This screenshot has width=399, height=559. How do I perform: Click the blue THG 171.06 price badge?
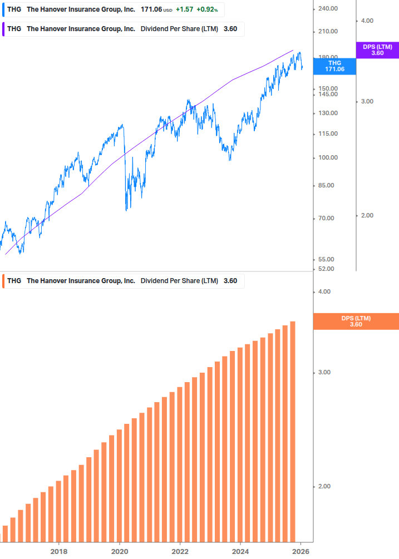(335, 66)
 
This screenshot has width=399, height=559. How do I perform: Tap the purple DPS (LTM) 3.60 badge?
(377, 50)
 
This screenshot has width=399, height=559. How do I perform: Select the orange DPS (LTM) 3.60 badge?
(356, 321)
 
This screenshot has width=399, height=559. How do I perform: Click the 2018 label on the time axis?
(59, 551)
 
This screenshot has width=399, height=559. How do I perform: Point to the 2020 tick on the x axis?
(120, 551)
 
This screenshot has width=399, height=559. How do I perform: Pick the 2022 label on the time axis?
(180, 551)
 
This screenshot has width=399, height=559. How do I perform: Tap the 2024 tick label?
(240, 551)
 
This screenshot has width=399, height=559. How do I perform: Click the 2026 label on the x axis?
(301, 551)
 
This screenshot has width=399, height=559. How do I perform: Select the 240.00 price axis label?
(328, 8)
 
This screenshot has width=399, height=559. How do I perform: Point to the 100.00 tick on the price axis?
(328, 157)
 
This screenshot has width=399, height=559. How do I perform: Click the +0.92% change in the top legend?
(207, 10)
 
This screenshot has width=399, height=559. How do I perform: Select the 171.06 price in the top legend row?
(151, 10)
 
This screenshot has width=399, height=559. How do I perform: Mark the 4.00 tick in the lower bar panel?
(324, 291)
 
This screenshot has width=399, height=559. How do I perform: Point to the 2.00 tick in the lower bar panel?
(324, 486)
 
